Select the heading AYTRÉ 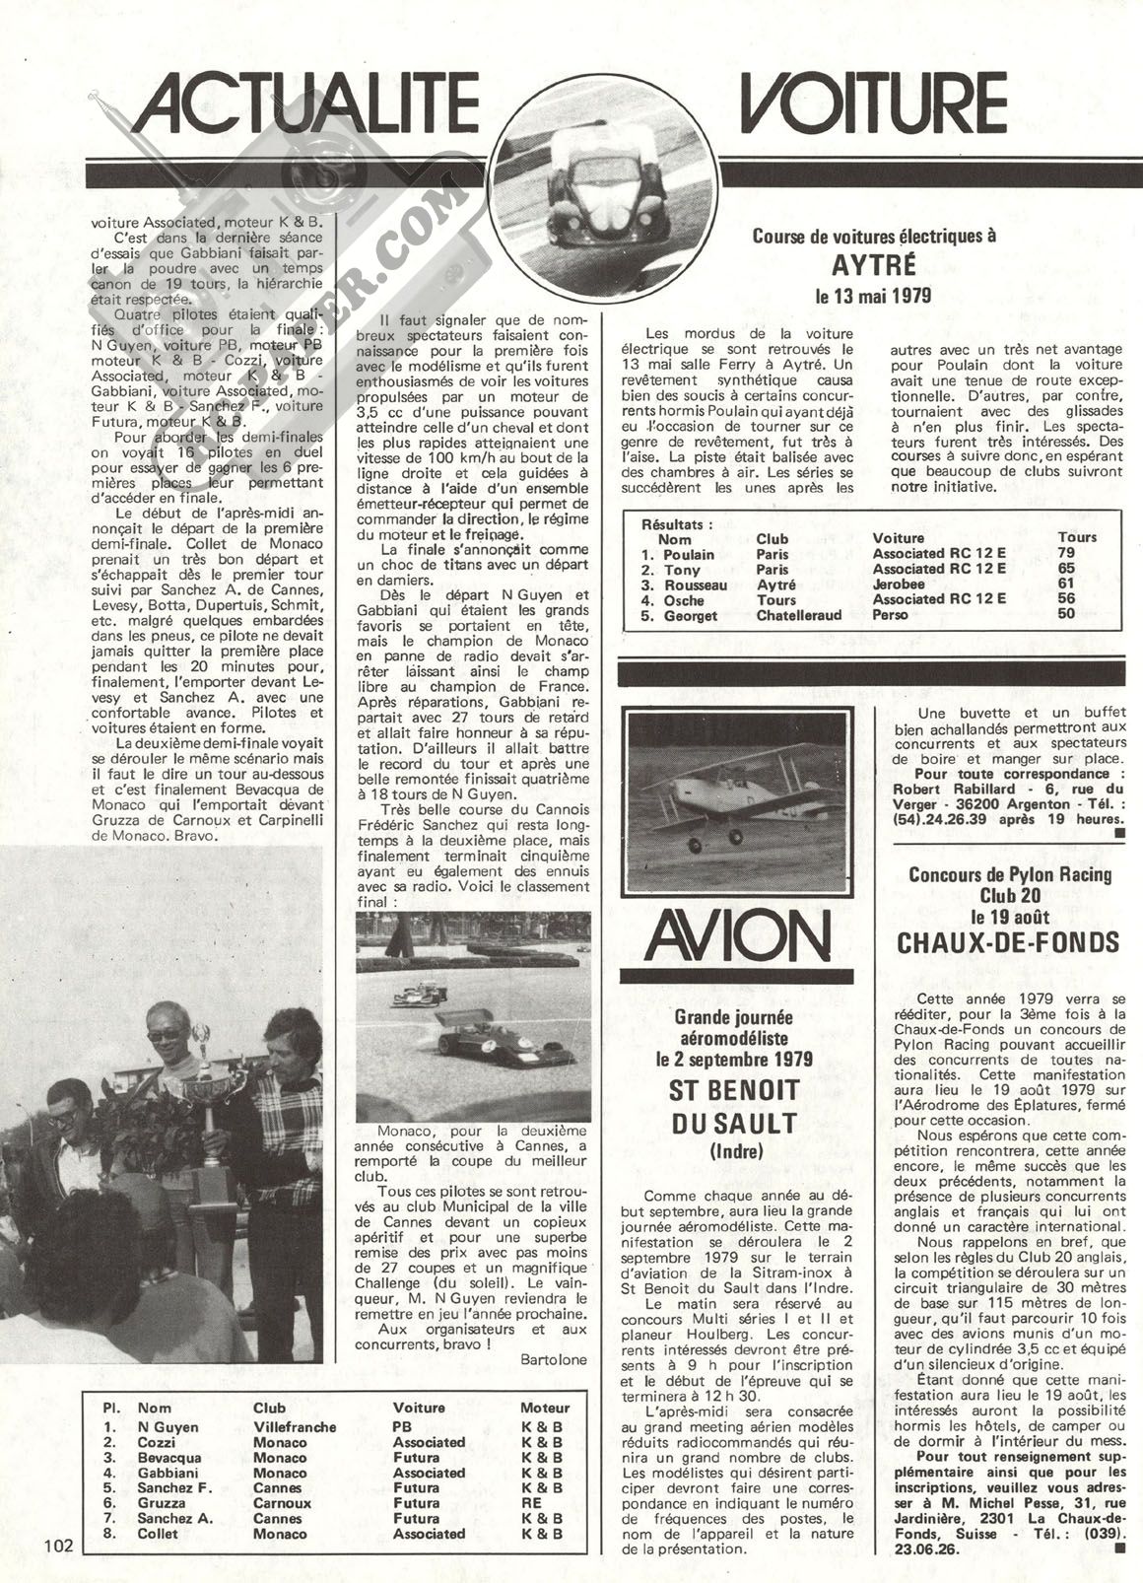click(873, 266)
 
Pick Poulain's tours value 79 click(1065, 553)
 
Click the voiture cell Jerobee click(900, 585)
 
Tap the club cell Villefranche click(295, 1426)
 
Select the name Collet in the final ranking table click(159, 1534)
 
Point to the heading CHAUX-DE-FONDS click(1008, 942)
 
